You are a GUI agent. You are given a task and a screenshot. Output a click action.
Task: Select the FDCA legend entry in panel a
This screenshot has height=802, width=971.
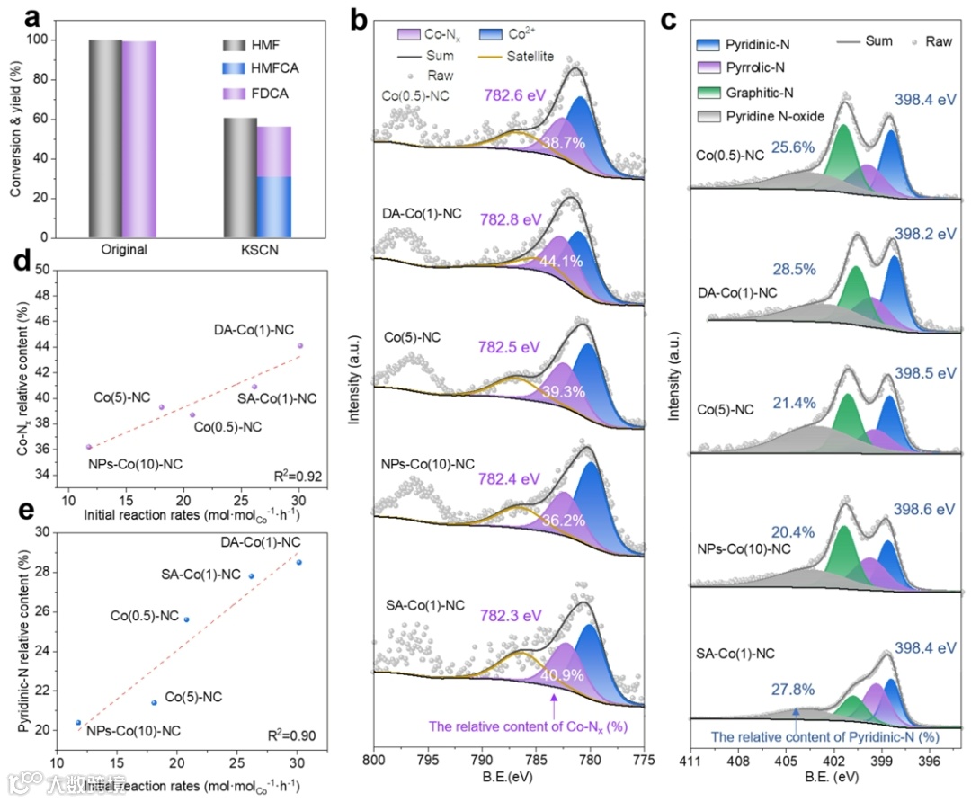270,94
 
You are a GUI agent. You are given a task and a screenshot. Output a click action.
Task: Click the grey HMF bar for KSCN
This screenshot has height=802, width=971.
239,179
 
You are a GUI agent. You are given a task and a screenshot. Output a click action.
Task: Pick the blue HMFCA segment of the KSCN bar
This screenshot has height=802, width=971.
273,206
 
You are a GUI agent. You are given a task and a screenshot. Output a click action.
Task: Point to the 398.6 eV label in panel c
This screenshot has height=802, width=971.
923,509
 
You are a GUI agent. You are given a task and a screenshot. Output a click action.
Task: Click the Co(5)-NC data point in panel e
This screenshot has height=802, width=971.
154,703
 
